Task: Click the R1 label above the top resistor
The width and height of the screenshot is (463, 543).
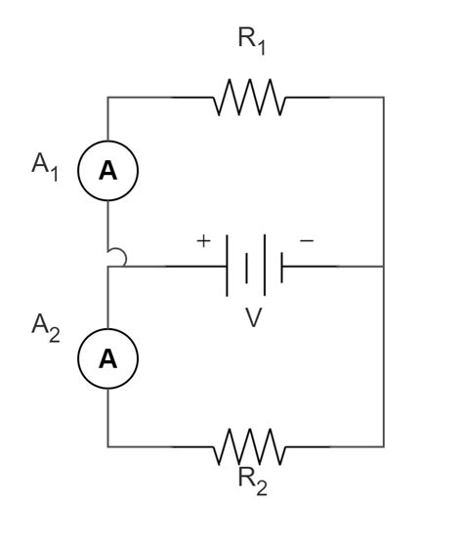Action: [250, 41]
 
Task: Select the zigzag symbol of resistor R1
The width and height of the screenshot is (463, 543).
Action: [248, 98]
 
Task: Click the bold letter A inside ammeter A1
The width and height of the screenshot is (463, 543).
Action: [108, 170]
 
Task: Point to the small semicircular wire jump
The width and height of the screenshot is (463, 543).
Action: [116, 257]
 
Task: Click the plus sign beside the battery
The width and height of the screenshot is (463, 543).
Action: [203, 240]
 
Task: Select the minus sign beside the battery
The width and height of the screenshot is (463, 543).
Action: [306, 240]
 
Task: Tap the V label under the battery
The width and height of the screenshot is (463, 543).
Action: [253, 319]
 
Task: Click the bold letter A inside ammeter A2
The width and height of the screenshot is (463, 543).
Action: [108, 358]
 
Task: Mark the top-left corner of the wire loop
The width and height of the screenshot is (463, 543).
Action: [108, 98]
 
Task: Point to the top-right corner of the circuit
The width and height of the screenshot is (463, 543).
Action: [383, 98]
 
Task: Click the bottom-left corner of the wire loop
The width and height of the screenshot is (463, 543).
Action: [108, 447]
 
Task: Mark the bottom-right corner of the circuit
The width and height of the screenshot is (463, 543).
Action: [383, 447]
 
